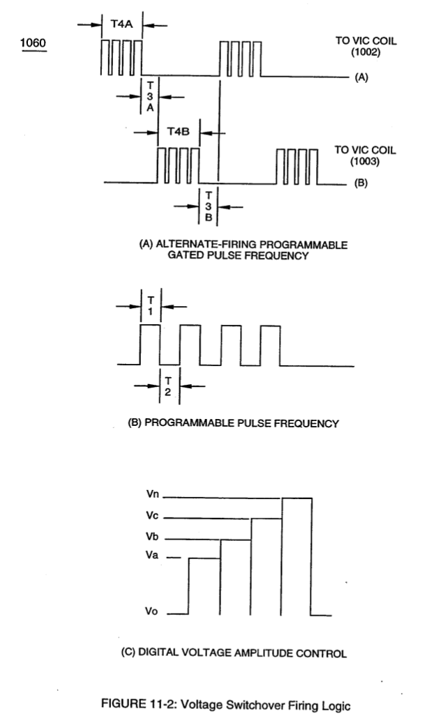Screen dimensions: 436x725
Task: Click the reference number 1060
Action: [x=33, y=43]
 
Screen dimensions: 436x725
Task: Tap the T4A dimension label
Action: [x=121, y=24]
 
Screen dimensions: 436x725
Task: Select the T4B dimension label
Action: [x=179, y=132]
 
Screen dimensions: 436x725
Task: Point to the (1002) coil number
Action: [x=366, y=52]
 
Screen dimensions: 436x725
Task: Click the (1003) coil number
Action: [x=365, y=161]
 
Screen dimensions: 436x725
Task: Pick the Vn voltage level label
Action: [x=153, y=494]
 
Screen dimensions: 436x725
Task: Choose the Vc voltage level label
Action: [x=152, y=515]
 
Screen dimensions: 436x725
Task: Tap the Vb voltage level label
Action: [x=152, y=536]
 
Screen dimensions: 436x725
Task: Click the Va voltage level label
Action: [x=152, y=555]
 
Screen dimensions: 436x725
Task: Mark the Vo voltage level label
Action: [x=151, y=611]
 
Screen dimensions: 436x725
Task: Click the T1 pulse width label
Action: [x=151, y=306]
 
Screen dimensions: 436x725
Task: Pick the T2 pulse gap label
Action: [x=168, y=386]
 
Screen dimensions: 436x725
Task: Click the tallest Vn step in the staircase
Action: [x=296, y=498]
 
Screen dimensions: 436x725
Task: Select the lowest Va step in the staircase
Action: [x=204, y=558]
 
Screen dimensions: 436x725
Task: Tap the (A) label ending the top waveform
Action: [x=361, y=77]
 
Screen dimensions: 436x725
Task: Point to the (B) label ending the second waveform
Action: [x=361, y=183]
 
